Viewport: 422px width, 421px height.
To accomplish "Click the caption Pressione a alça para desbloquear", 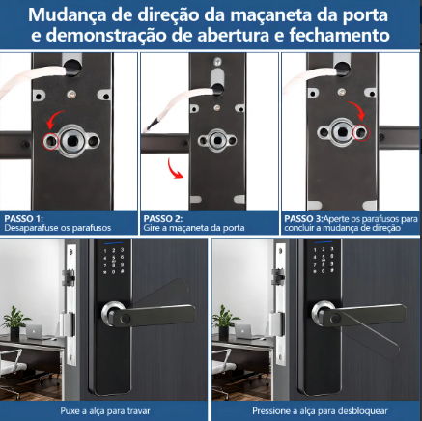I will click(x=315, y=410).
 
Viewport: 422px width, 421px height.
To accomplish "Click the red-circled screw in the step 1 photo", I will click(x=48, y=141).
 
